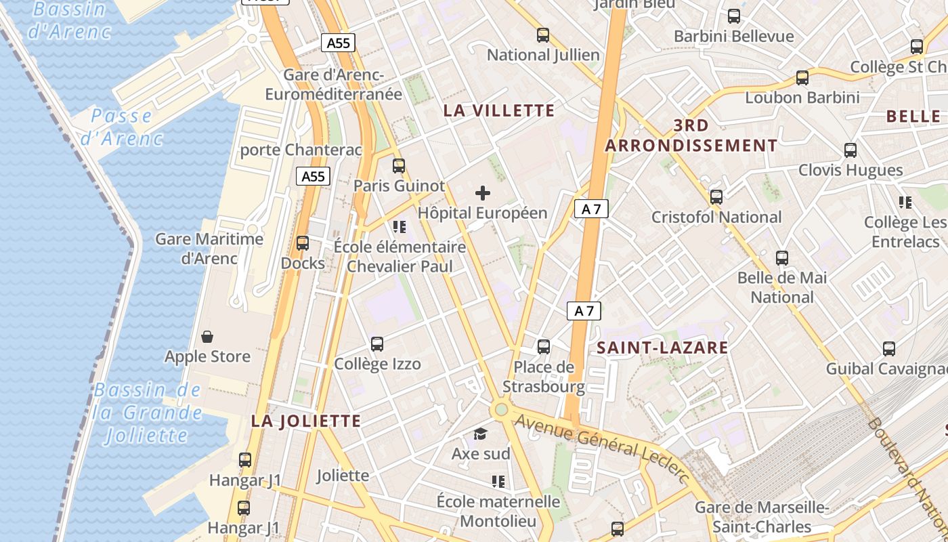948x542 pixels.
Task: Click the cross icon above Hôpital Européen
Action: pos(483,193)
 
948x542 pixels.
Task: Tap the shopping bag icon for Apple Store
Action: pos(208,337)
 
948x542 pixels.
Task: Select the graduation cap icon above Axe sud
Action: pos(480,434)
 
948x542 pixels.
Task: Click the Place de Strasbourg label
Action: pos(544,377)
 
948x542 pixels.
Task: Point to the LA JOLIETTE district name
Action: pos(306,421)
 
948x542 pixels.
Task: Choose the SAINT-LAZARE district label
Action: pos(662,348)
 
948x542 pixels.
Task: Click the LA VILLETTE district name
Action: pos(499,110)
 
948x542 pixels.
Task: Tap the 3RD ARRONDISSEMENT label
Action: pos(691,135)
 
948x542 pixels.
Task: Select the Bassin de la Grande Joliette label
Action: pos(148,413)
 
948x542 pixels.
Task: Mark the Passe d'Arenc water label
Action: pos(122,127)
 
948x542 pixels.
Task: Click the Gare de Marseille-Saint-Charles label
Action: pos(762,517)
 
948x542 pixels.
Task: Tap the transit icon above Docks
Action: pos(303,243)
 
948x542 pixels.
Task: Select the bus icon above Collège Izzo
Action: pos(377,344)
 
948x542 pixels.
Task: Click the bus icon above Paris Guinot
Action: pos(399,166)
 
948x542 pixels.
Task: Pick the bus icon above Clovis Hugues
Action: pos(850,150)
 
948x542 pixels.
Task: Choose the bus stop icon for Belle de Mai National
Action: pos(782,258)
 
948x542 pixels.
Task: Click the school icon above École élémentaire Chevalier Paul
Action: pos(400,226)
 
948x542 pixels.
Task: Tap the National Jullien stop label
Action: pos(543,55)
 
